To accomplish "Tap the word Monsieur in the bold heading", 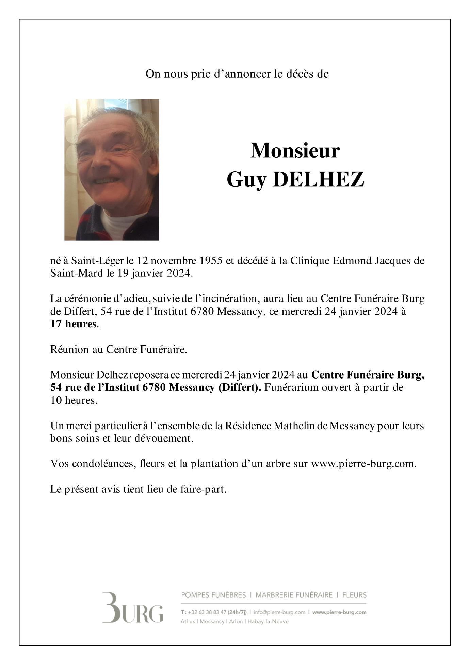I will [295, 151].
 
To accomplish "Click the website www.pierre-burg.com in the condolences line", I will [363, 464].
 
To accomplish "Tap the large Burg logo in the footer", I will [133, 612].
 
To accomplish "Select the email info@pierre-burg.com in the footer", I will [279, 612].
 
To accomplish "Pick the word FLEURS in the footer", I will [354, 595].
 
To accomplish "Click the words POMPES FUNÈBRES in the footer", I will [213, 595].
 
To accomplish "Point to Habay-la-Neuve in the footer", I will [268, 621].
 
